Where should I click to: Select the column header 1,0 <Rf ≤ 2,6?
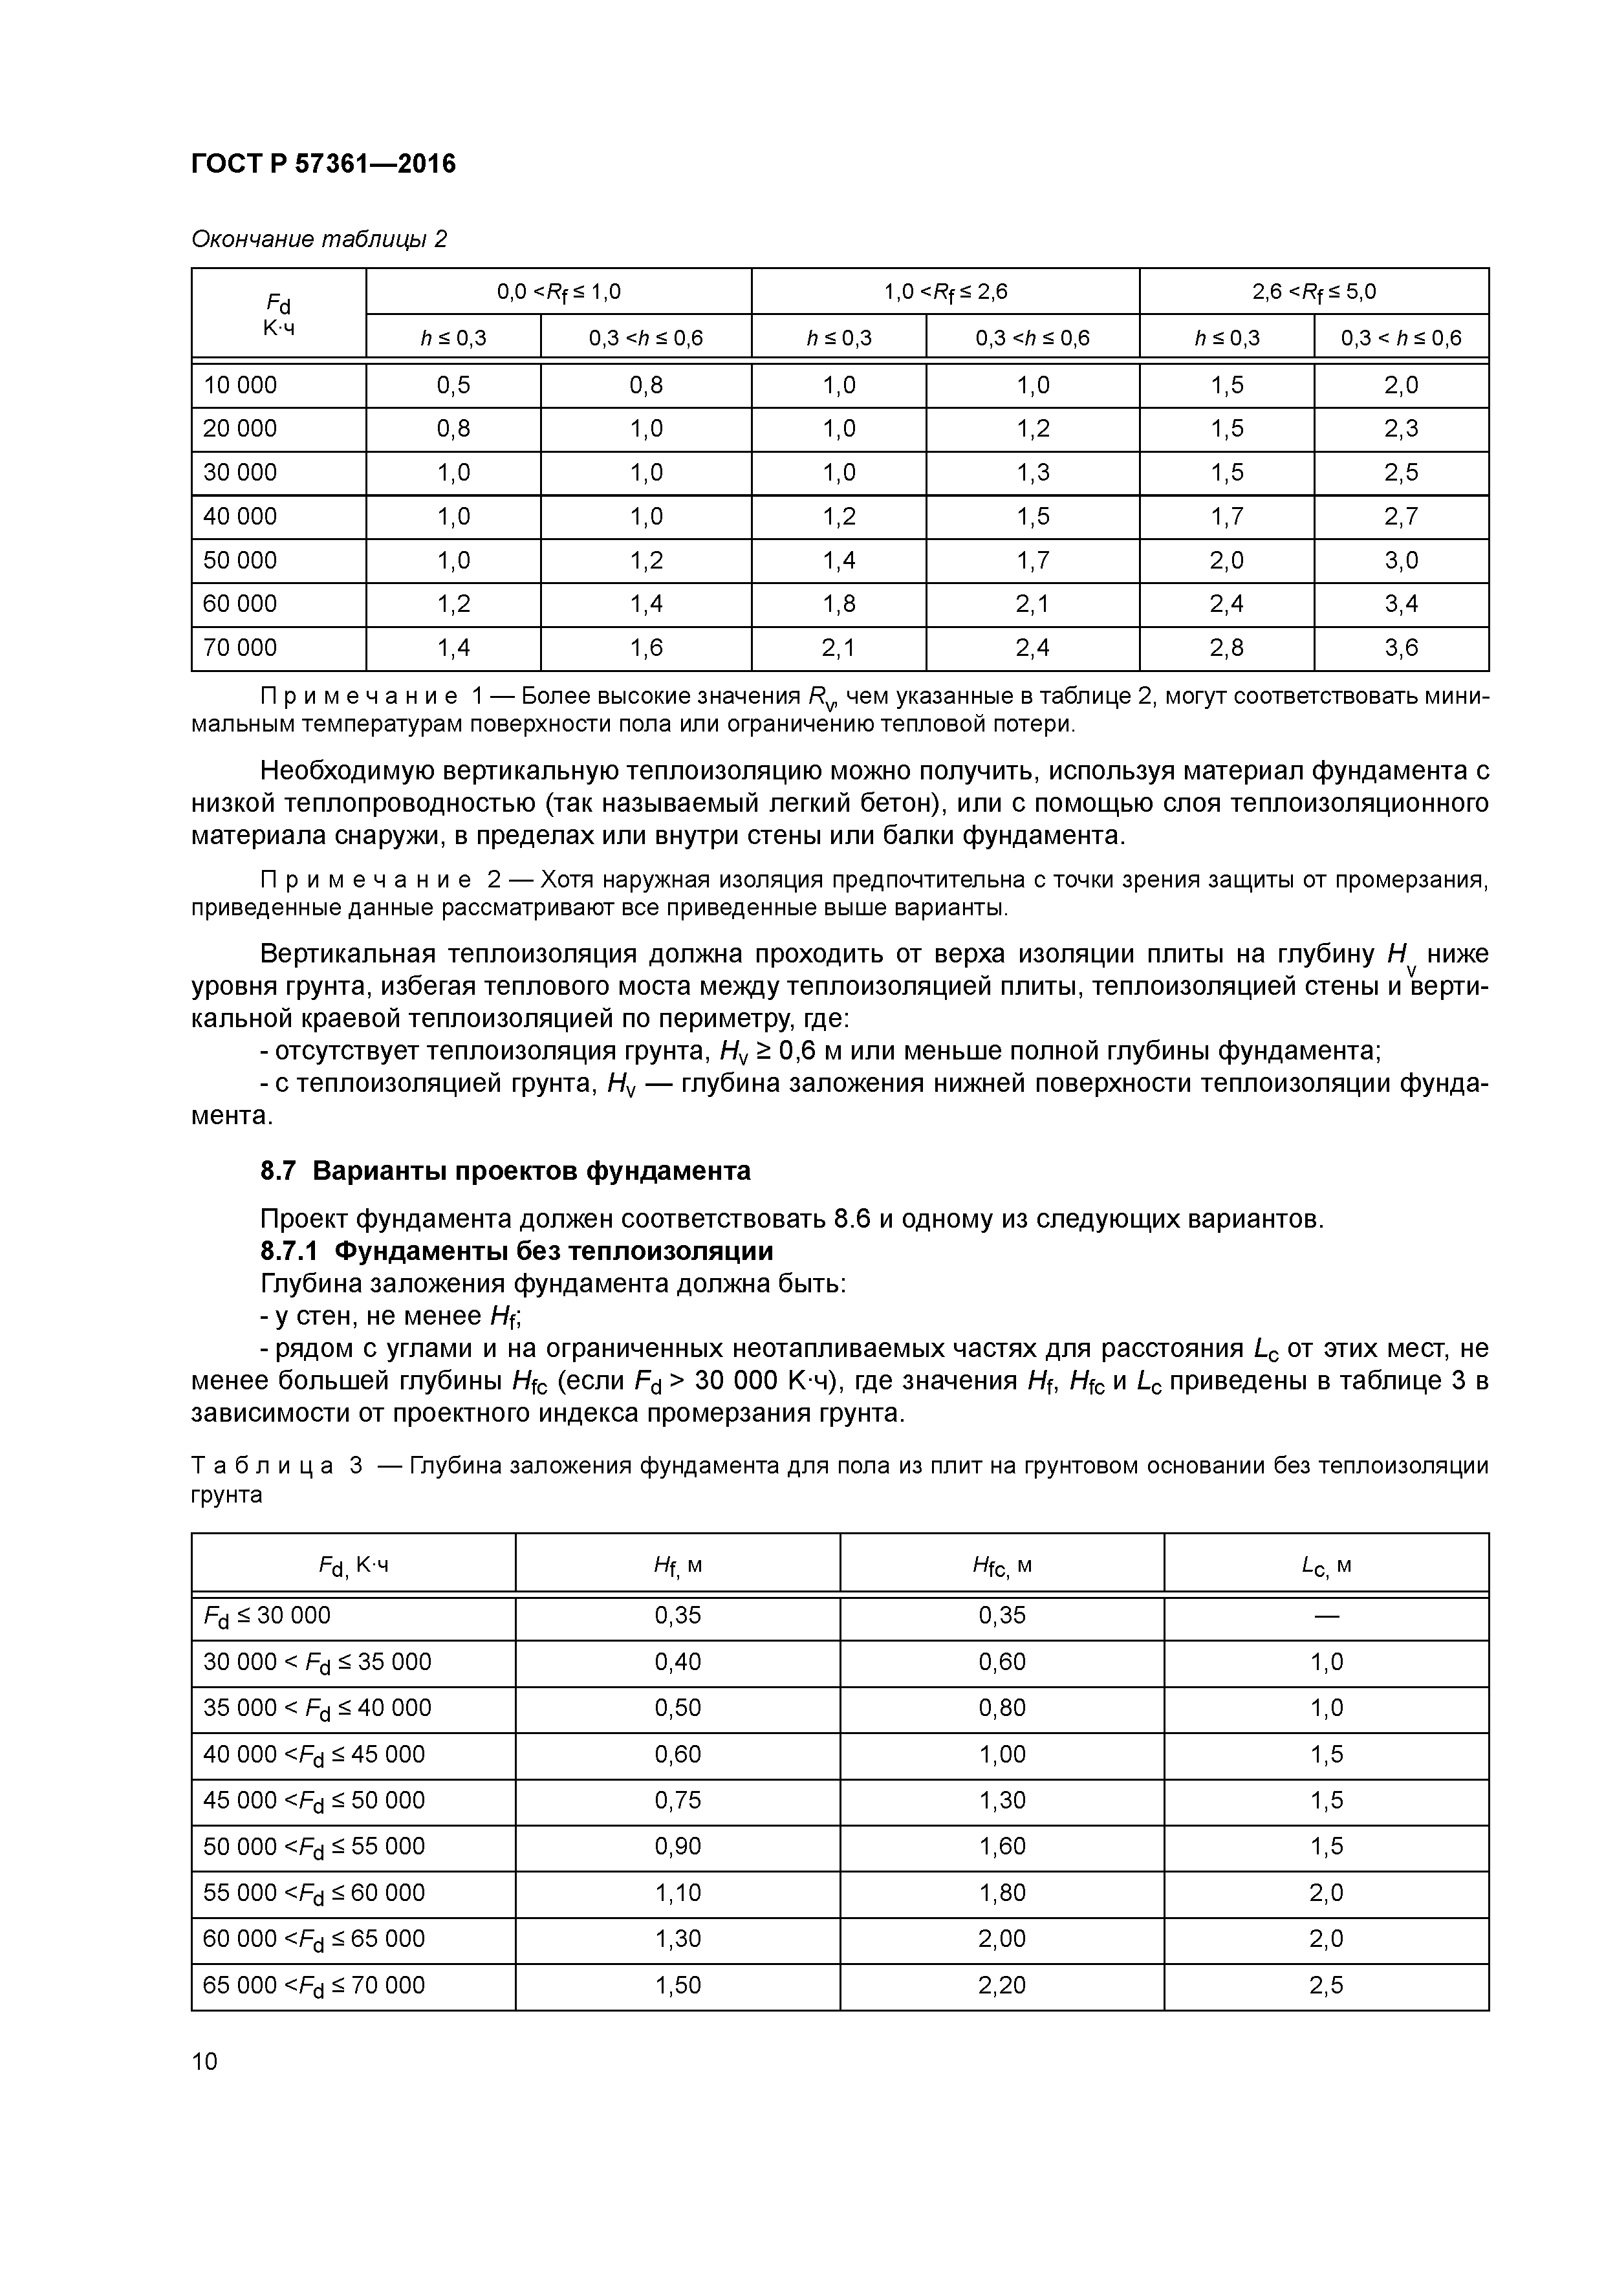945,292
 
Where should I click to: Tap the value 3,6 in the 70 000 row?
1400,648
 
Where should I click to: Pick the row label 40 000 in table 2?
240,517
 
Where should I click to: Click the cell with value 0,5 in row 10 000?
453,385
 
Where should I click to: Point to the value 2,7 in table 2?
1400,517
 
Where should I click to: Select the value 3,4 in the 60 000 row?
1400,604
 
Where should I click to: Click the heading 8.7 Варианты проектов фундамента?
505,1171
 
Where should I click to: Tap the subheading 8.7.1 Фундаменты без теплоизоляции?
517,1251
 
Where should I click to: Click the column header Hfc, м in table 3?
1001,1565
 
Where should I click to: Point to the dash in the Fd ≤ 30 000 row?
1327,1616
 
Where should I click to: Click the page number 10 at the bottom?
204,2061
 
